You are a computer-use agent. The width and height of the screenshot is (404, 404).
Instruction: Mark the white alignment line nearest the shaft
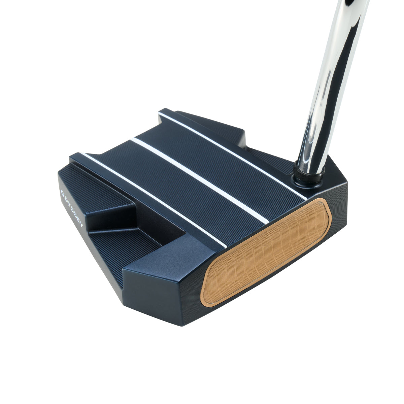[x=232, y=151]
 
